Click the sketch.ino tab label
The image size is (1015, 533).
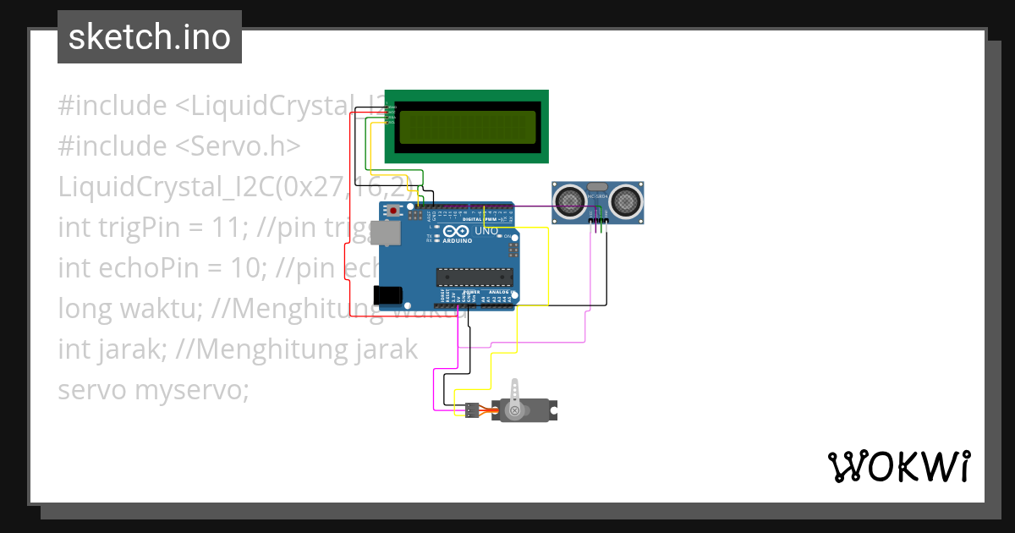(150, 37)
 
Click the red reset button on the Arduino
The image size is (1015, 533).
(392, 210)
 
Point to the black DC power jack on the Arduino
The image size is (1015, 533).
(387, 294)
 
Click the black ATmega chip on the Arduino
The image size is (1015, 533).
(474, 277)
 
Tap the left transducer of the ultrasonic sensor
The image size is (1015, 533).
(569, 201)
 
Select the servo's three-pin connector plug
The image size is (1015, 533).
(470, 409)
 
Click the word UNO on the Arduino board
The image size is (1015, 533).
(486, 231)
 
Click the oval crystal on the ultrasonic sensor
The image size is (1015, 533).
(597, 186)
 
